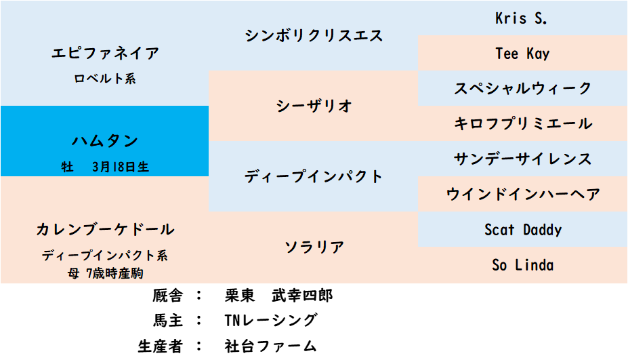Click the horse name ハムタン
(x=105, y=141)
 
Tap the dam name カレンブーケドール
(x=105, y=229)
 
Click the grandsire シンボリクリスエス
(x=314, y=36)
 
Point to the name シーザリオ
(x=314, y=106)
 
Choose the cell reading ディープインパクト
(x=314, y=176)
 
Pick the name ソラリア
(x=314, y=247)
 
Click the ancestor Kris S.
(x=521, y=18)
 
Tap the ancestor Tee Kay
(x=522, y=54)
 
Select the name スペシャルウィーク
(x=523, y=88)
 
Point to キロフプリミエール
(x=523, y=123)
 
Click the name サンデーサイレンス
(x=523, y=159)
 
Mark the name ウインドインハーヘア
(x=523, y=194)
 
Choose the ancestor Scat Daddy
(x=523, y=230)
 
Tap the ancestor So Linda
(x=523, y=265)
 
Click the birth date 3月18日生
(x=121, y=167)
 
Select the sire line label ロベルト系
(x=105, y=79)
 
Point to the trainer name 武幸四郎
(x=302, y=296)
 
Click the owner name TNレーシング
(x=271, y=320)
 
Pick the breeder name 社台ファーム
(x=271, y=346)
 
